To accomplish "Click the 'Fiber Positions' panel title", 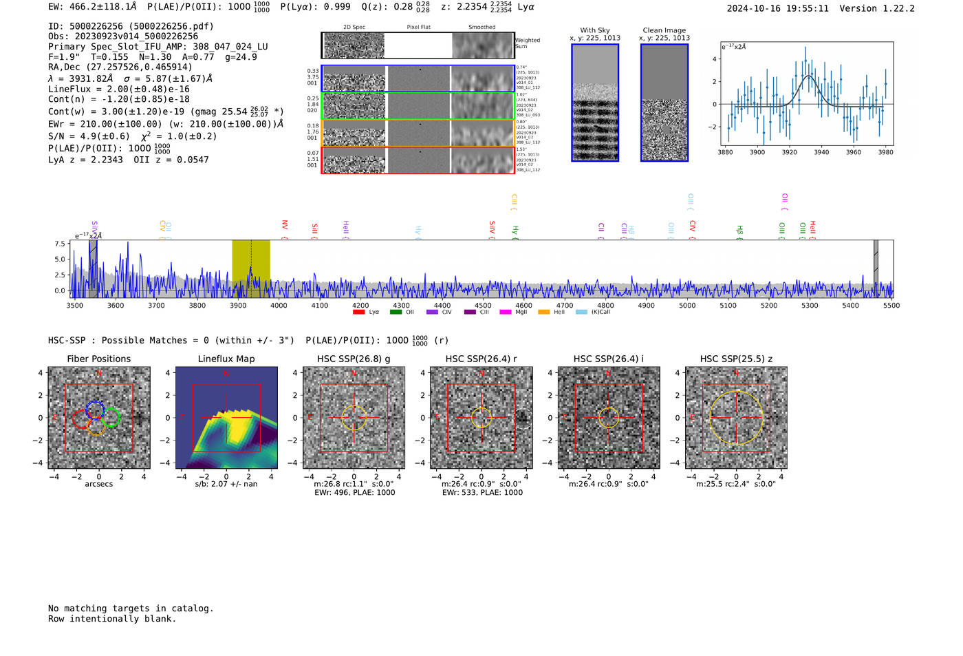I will point(98,359).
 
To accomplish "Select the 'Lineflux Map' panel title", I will point(226,359).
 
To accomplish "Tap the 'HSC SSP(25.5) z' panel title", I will point(736,359).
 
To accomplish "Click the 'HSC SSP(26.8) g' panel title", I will point(354,359).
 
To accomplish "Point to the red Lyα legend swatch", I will point(358,313).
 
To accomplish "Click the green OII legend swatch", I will point(396,313).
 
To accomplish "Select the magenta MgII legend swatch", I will point(506,313).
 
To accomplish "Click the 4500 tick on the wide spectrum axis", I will point(483,306).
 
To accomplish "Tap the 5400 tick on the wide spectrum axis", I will point(850,306).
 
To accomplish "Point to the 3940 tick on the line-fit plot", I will point(821,152).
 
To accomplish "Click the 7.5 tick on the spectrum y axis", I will point(60,244).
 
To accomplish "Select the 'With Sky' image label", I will point(594,30).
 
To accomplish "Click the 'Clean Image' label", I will point(664,30).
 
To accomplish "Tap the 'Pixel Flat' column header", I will point(418,28).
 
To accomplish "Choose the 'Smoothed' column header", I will point(481,28).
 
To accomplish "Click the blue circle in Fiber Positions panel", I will point(95,411).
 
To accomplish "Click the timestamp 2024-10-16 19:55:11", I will point(777,8).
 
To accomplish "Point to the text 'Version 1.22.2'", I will point(877,8).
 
